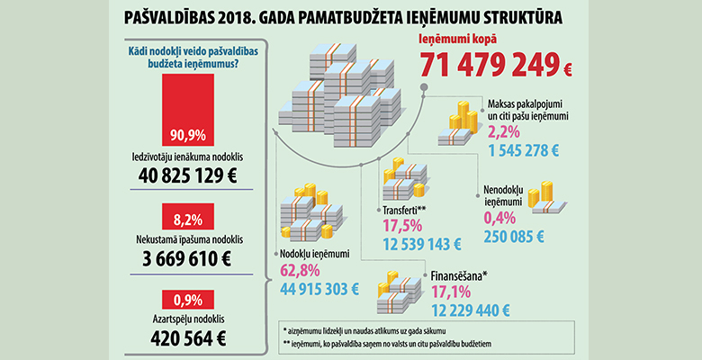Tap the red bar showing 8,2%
pyautogui.click(x=188, y=217)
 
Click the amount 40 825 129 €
pyautogui.click(x=188, y=175)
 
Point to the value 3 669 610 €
pyautogui.click(x=188, y=259)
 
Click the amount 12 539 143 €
pyautogui.click(x=421, y=245)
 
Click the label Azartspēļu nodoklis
pyautogui.click(x=188, y=319)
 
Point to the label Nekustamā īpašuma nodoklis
pyautogui.click(x=188, y=240)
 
